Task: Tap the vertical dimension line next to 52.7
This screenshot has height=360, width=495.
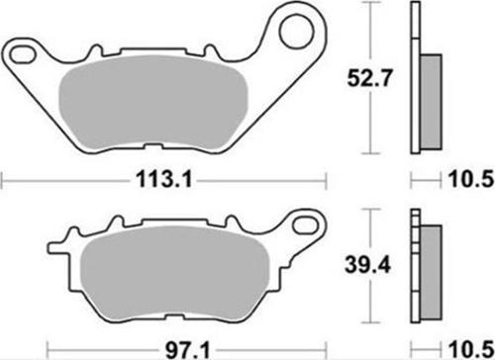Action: pyautogui.click(x=370, y=76)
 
